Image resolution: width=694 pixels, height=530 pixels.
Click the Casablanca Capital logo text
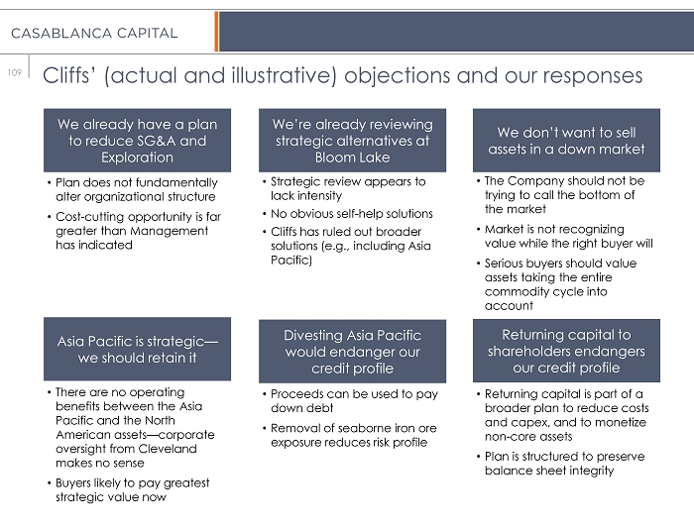[94, 33]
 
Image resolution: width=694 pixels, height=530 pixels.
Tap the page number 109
[14, 72]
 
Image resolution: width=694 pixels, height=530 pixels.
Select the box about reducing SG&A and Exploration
[137, 141]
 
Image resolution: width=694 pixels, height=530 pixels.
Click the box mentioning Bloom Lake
[352, 140]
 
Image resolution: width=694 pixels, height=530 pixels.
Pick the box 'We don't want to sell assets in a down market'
[566, 141]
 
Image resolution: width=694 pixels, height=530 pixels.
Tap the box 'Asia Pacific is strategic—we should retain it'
[137, 350]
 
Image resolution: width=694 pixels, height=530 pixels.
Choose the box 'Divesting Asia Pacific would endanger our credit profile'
[352, 352]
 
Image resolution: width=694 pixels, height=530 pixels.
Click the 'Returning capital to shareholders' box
[566, 352]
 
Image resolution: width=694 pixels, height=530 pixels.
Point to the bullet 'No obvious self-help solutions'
[351, 214]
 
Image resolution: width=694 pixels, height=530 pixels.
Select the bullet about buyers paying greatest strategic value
[132, 490]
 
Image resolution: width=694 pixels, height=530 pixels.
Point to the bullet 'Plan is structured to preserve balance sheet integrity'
[564, 464]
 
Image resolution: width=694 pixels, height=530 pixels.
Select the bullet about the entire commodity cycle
[560, 285]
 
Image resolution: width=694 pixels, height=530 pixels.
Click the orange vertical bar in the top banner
[216, 32]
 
